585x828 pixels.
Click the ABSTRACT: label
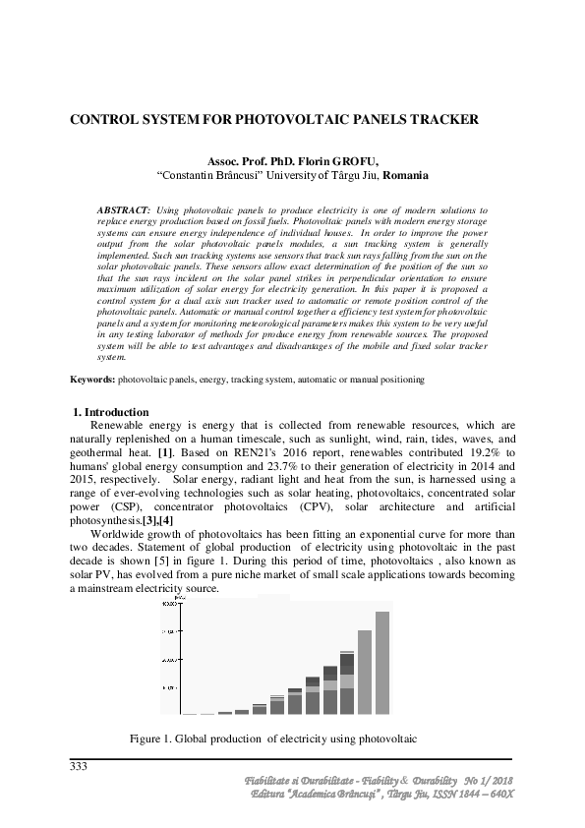123,210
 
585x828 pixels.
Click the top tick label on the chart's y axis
169,604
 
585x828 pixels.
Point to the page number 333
79,766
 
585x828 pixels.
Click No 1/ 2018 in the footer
488,780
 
